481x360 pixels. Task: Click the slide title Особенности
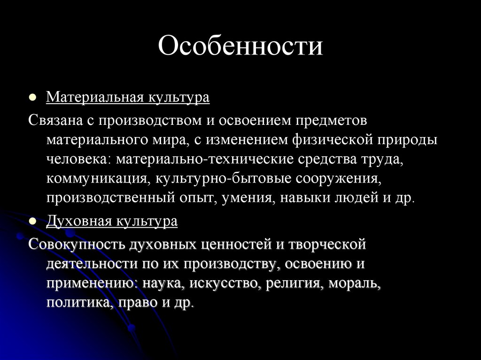tap(240, 47)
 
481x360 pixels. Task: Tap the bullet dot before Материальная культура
tap(32, 99)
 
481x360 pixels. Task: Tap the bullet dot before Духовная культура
tap(32, 222)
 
